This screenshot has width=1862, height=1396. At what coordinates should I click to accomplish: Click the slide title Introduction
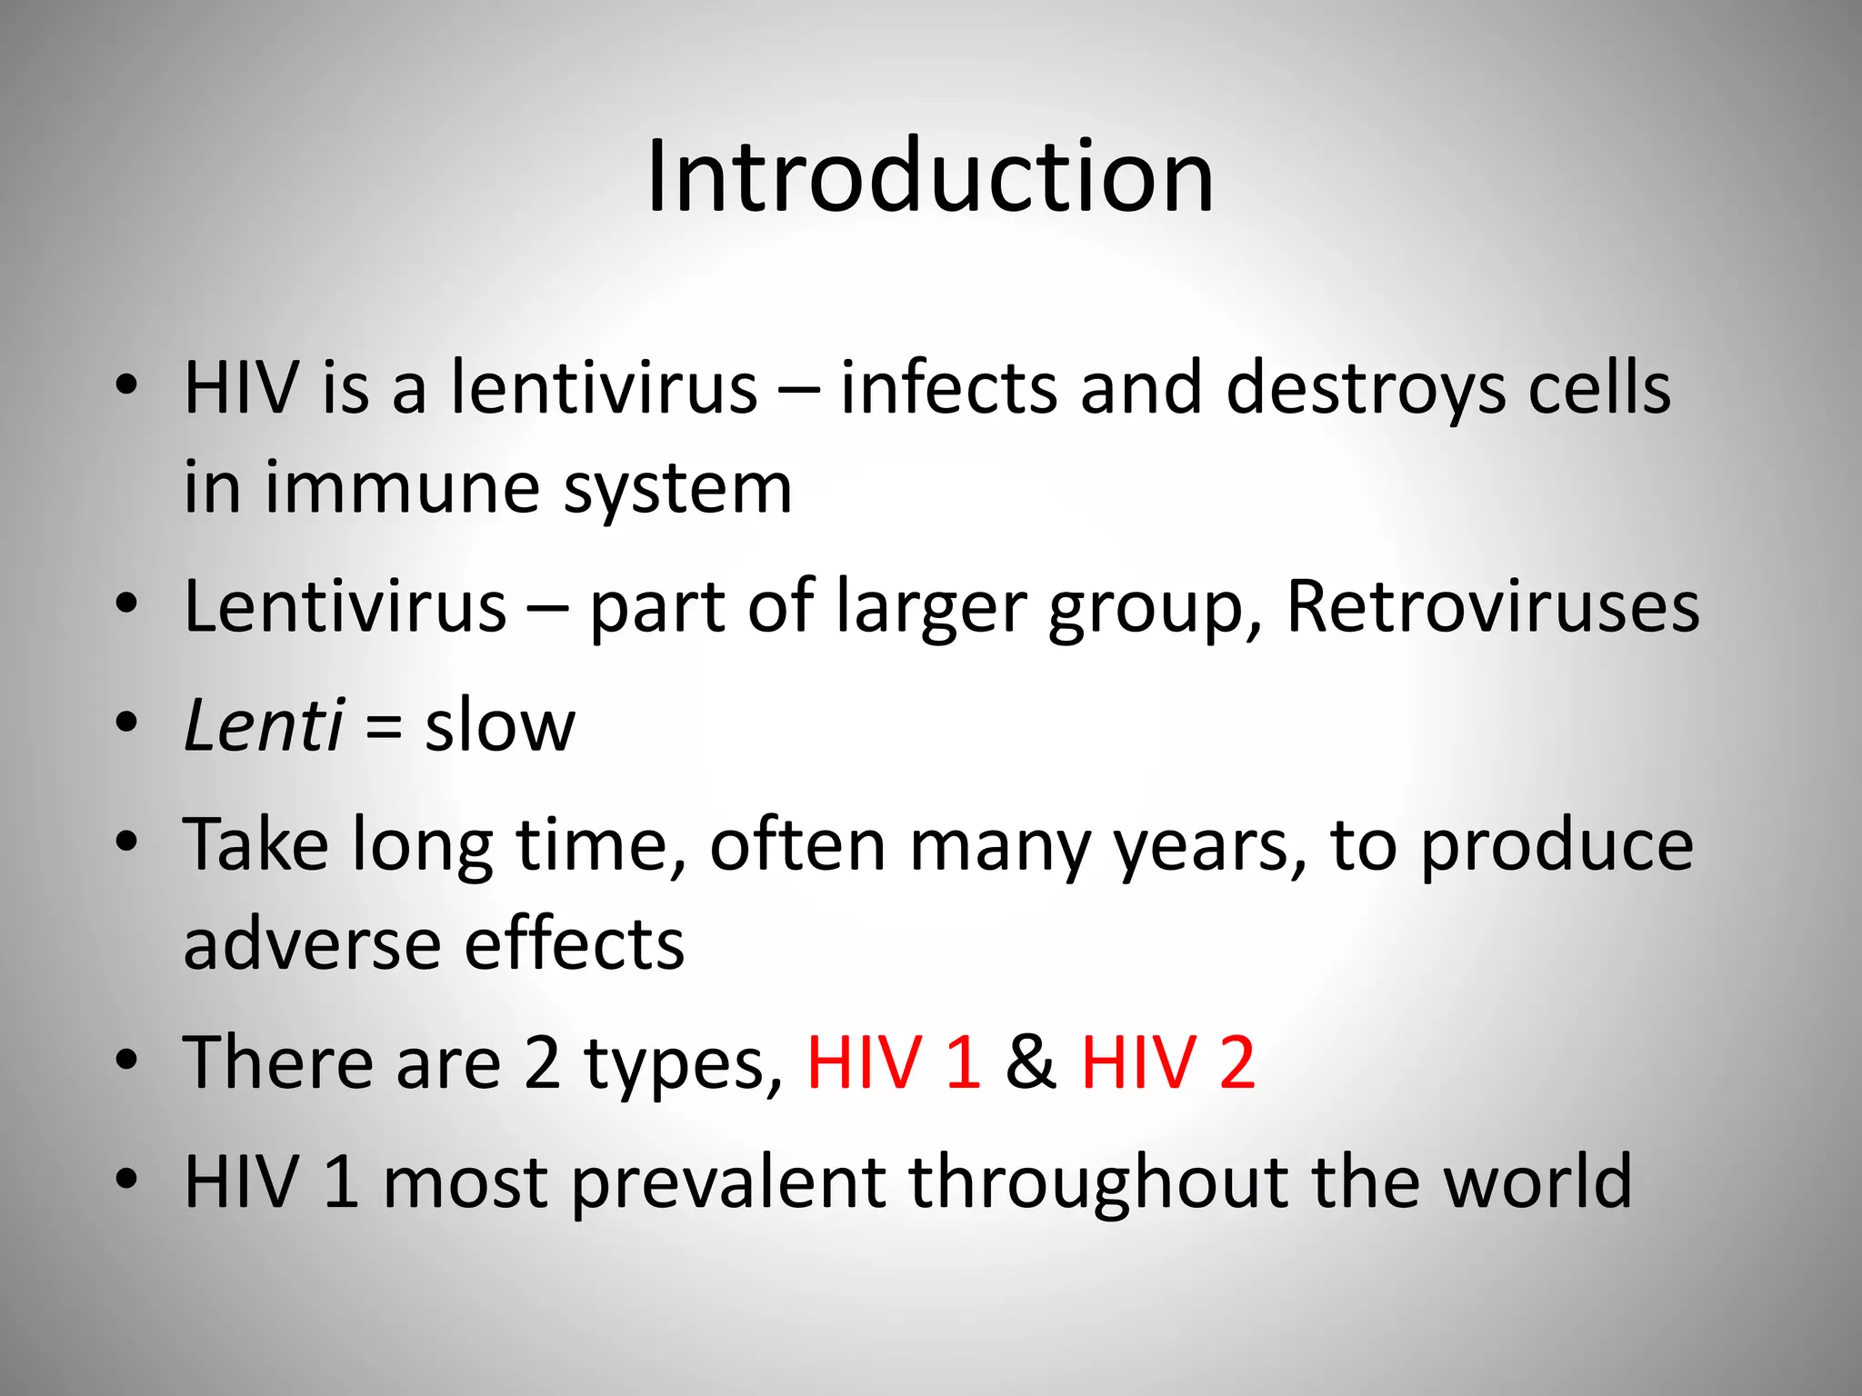(929, 176)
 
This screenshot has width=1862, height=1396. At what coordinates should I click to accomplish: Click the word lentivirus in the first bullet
(604, 388)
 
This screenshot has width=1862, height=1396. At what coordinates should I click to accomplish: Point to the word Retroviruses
(1492, 606)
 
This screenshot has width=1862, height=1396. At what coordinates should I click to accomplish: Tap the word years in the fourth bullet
(1210, 845)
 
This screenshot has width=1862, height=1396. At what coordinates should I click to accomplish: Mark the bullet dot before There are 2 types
(126, 1060)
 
